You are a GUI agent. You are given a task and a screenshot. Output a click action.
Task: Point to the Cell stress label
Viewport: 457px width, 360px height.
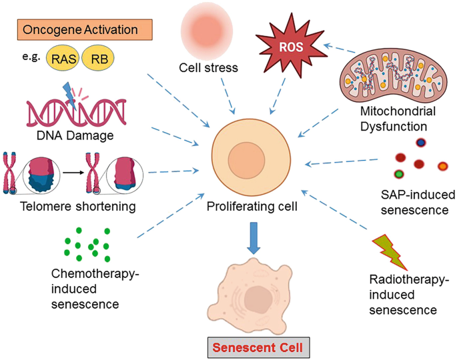point(208,67)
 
